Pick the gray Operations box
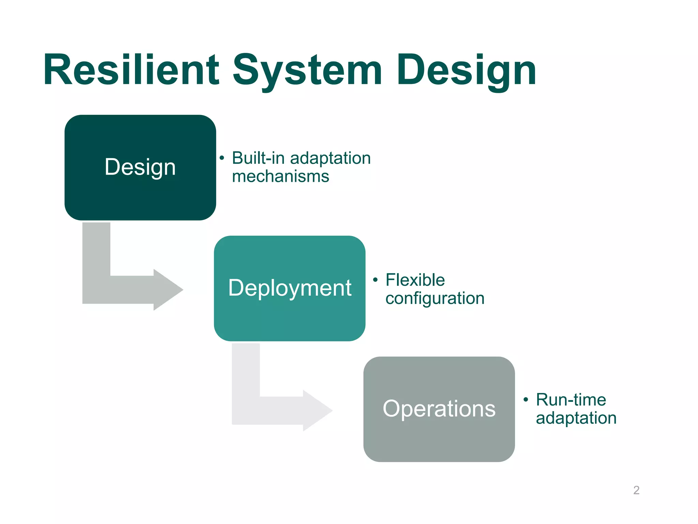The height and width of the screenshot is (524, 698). (x=439, y=440)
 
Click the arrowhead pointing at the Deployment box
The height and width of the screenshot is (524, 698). (x=168, y=290)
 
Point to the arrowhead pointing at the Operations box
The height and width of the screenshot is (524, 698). (x=317, y=410)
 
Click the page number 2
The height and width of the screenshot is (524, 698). (x=636, y=490)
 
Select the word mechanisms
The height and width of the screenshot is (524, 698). (x=280, y=177)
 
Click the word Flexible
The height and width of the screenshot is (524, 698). (x=415, y=280)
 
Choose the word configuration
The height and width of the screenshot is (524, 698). (x=435, y=299)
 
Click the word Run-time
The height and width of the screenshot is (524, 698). (x=571, y=400)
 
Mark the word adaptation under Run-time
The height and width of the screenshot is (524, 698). (x=576, y=418)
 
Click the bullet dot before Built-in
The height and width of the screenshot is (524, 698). (x=222, y=158)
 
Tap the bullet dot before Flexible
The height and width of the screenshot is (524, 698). (x=375, y=280)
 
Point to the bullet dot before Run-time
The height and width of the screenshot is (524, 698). (x=526, y=399)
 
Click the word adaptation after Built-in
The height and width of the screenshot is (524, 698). (x=330, y=158)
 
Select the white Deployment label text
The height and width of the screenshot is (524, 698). (x=289, y=288)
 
